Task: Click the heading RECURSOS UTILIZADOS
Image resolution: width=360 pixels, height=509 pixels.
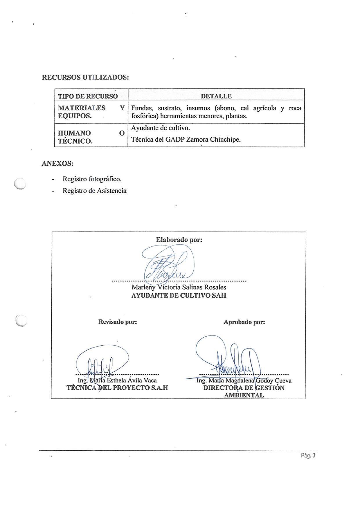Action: [x=85, y=77]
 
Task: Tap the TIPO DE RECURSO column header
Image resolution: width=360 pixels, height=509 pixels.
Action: [x=88, y=96]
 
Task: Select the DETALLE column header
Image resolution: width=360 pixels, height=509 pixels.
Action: [x=216, y=96]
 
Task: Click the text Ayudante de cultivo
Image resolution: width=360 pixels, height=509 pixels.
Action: [x=161, y=128]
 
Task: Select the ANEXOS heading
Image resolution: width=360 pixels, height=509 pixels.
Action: [x=57, y=163]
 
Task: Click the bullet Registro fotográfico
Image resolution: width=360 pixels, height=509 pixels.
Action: [x=92, y=179]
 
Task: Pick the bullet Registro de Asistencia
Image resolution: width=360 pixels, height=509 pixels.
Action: [x=94, y=191]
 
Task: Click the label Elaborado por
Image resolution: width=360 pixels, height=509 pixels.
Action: [x=179, y=240]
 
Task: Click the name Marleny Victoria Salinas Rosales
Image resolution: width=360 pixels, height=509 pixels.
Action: [x=179, y=287]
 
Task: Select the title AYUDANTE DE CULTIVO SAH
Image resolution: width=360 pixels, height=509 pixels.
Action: [x=179, y=295]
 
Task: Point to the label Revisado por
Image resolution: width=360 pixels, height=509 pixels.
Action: [x=117, y=322]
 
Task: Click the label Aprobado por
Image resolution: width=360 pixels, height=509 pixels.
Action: [x=244, y=322]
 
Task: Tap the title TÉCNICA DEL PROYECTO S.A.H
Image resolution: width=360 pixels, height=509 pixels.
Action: [x=117, y=388]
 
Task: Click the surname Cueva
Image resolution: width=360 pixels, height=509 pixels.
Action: [x=283, y=381]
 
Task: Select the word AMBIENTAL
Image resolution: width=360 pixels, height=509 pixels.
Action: [x=244, y=395]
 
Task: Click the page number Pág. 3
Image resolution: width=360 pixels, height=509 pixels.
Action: [x=308, y=456]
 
